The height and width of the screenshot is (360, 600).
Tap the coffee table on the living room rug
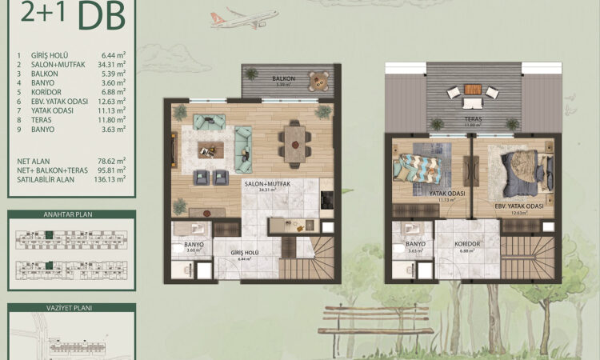click(212, 146)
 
